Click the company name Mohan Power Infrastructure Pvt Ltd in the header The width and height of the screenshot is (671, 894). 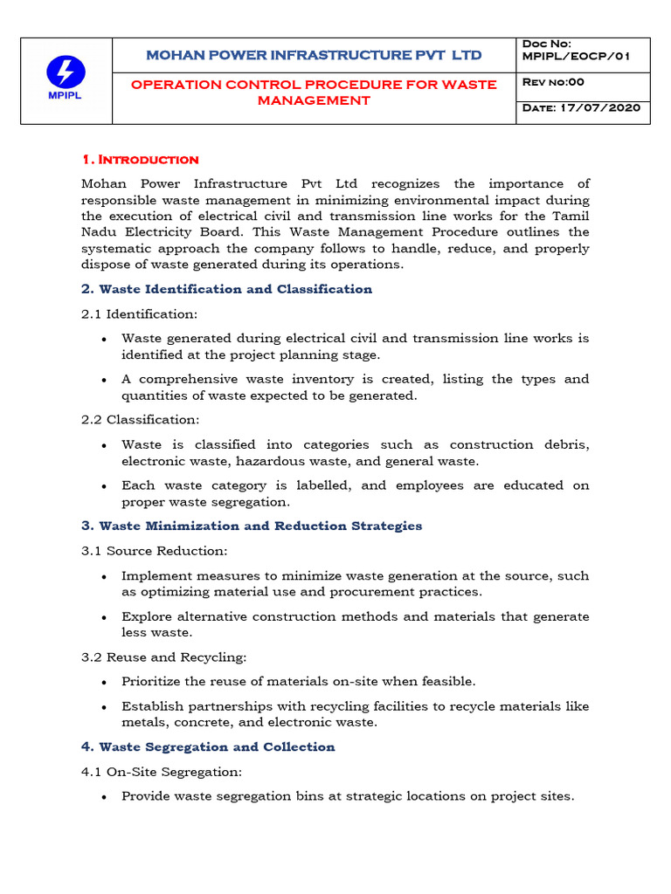click(x=314, y=55)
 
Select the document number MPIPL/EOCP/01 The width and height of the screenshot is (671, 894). click(x=574, y=57)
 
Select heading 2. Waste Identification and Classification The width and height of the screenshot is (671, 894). click(x=226, y=289)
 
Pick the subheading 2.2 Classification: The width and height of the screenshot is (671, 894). click(x=141, y=420)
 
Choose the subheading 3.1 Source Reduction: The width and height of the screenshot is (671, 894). click(x=154, y=551)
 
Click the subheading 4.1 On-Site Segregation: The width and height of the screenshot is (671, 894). click(x=161, y=771)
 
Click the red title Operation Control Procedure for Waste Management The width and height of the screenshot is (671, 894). click(x=314, y=92)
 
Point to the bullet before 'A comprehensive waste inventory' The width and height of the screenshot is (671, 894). click(x=105, y=380)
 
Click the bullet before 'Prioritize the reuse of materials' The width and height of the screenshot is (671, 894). click(x=105, y=681)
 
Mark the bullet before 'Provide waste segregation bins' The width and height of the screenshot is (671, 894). click(x=105, y=796)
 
